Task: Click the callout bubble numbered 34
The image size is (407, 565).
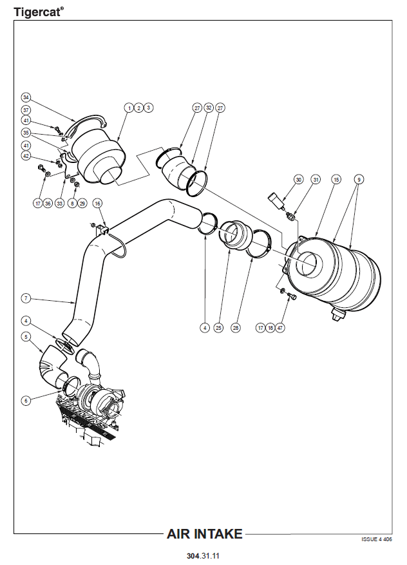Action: coord(26,97)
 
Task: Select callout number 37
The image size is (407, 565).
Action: coord(26,110)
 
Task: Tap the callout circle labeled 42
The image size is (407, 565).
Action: coord(26,155)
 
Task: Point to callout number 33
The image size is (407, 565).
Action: coord(60,203)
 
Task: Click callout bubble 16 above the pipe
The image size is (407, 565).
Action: coord(98,203)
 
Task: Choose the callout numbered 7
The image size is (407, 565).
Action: coord(26,298)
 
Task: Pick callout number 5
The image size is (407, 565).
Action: coord(26,336)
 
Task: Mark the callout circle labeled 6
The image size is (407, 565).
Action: coord(26,400)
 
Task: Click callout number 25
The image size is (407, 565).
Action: coord(218,328)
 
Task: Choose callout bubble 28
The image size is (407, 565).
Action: coord(236,328)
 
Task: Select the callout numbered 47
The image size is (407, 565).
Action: coord(280,328)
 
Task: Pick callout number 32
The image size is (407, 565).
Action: coord(209,108)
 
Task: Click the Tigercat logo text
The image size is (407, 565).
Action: coord(39,11)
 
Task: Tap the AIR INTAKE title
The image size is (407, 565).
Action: coord(205,534)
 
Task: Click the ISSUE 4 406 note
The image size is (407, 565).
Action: coord(377,540)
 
